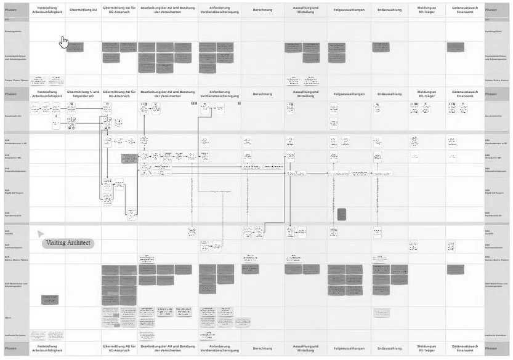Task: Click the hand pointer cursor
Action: point(63,42)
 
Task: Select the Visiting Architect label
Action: point(69,243)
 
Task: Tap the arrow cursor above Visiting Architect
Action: point(41,234)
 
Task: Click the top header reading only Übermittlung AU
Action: point(83,10)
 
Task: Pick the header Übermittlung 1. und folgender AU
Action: point(83,94)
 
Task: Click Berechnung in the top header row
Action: point(262,10)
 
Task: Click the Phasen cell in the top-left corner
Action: point(14,10)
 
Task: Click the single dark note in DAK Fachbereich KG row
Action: point(342,214)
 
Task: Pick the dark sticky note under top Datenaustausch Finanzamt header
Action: point(456,47)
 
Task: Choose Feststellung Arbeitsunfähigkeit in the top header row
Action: point(47,10)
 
